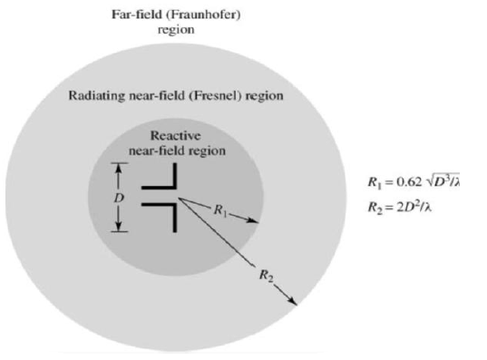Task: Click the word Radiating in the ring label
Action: click(102, 95)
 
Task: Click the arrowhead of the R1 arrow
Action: click(258, 220)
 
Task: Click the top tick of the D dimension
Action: click(116, 164)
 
